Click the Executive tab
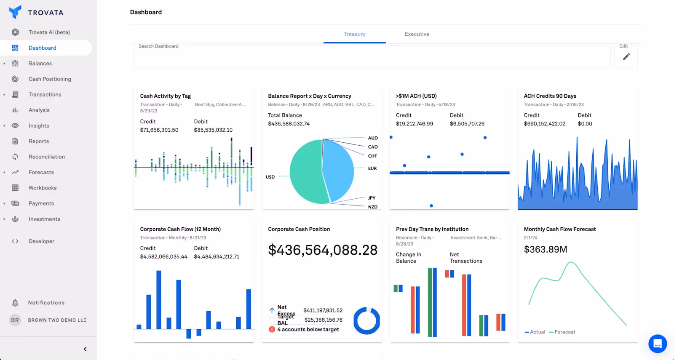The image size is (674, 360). (417, 34)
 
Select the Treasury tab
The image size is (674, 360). (354, 34)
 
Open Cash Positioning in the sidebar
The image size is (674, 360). (50, 79)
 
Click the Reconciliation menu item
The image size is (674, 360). (46, 157)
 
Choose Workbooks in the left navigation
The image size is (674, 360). (42, 188)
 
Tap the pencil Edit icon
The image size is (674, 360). (626, 56)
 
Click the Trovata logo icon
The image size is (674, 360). (15, 12)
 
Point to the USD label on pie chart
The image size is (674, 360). (270, 177)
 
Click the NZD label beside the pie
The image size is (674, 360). (372, 207)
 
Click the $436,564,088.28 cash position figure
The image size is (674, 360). (323, 250)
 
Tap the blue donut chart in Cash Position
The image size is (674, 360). (366, 321)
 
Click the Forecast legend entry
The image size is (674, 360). (564, 332)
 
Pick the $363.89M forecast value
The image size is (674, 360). (545, 249)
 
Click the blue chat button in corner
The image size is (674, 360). (657, 344)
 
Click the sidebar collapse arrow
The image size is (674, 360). (85, 349)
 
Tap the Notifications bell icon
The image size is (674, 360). (15, 303)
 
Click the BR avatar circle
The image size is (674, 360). (15, 320)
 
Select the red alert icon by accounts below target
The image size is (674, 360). (272, 329)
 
